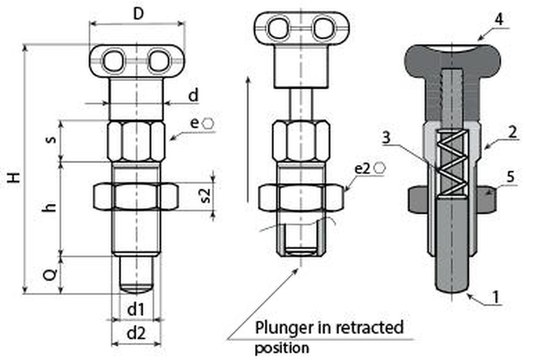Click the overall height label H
pos(14,177)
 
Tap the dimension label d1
pos(136,309)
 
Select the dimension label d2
pos(136,333)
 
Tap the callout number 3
pos(386,137)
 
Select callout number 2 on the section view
pos(512,132)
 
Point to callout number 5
pos(510,177)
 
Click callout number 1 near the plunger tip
pos(496,297)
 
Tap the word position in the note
pos(282,348)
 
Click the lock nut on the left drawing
pos(135,197)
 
